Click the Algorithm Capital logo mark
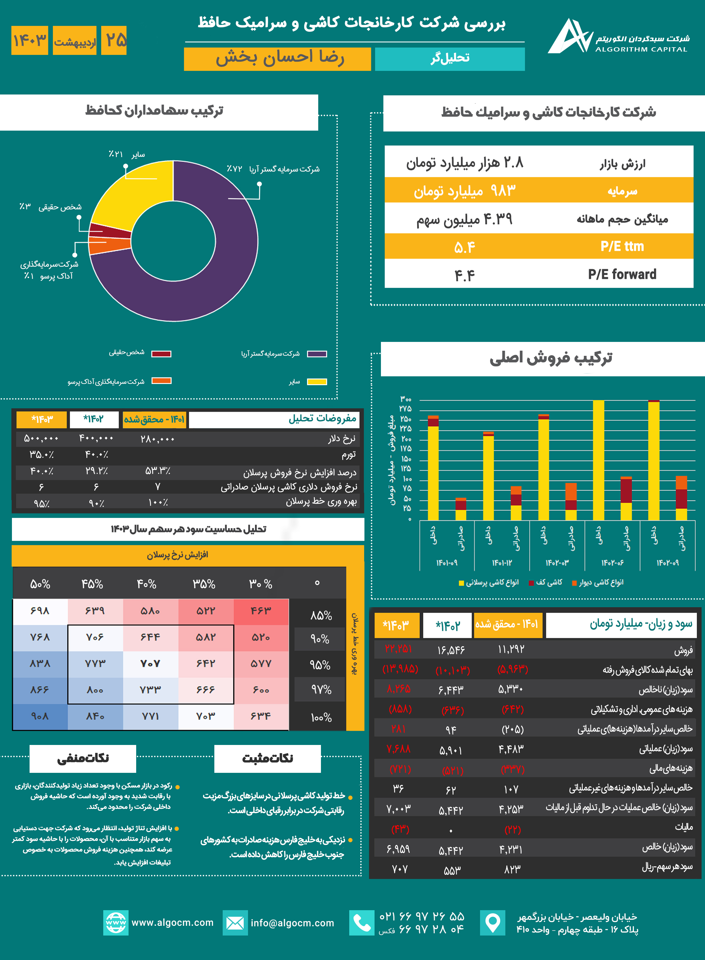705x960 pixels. tap(569, 36)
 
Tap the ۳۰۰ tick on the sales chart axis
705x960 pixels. tap(405, 399)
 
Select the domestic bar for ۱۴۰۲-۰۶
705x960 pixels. tap(598, 460)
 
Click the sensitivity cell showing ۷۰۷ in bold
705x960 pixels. tap(150, 663)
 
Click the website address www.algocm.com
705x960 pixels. tap(172, 922)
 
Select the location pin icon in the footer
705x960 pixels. tap(492, 922)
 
